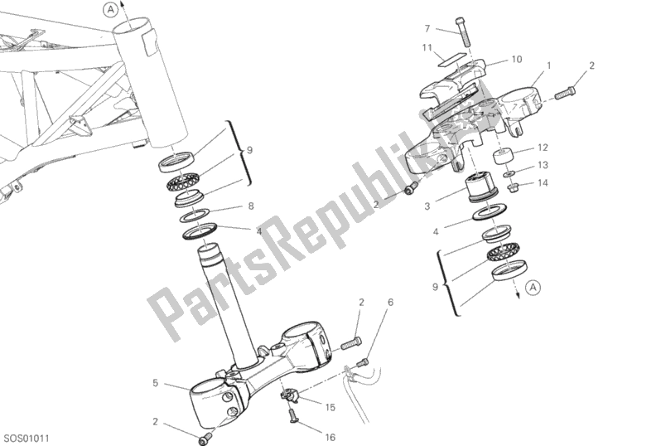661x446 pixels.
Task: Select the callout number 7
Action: coord(427,29)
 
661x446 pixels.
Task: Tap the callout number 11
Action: coord(427,48)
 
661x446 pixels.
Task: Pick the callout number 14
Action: coord(543,182)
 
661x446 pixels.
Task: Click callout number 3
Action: coord(427,206)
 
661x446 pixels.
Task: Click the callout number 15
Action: coord(330,408)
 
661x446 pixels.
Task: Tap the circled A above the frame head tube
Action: coord(110,10)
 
